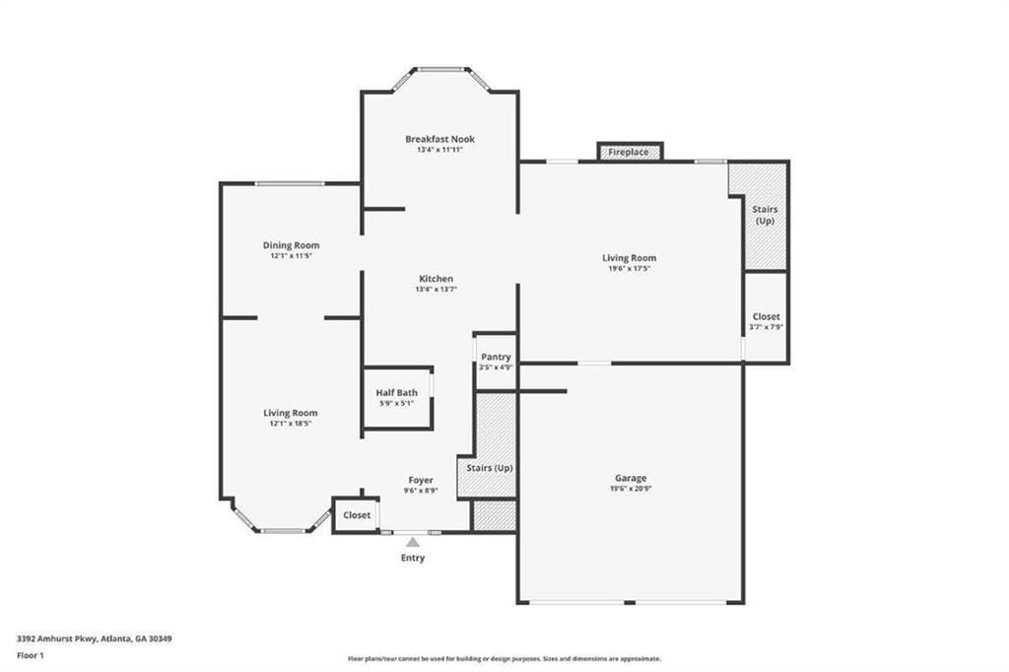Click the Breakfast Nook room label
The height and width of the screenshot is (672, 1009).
pyautogui.click(x=440, y=139)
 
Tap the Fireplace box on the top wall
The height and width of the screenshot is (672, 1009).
pyautogui.click(x=630, y=152)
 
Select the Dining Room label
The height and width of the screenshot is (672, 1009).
pyautogui.click(x=291, y=245)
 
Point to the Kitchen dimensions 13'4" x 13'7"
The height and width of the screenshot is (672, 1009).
pyautogui.click(x=437, y=290)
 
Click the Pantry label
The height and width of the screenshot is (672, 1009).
pyautogui.click(x=496, y=357)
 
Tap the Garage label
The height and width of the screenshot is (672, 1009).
pyautogui.click(x=631, y=478)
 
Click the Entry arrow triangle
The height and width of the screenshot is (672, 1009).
pyautogui.click(x=413, y=542)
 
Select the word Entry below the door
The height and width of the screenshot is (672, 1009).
pyautogui.click(x=413, y=558)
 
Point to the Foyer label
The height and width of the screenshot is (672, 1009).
pyautogui.click(x=421, y=480)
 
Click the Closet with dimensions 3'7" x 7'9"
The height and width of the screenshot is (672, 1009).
pyautogui.click(x=766, y=317)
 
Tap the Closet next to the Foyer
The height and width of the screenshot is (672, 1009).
pyautogui.click(x=357, y=515)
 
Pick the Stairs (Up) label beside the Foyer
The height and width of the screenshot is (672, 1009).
pyautogui.click(x=490, y=468)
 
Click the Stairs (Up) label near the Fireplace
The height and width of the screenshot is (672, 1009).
pyautogui.click(x=765, y=215)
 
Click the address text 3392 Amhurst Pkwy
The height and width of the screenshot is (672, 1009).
pyautogui.click(x=57, y=639)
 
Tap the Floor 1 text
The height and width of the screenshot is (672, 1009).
pyautogui.click(x=31, y=656)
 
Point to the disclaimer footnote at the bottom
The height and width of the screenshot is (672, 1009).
pyautogui.click(x=504, y=658)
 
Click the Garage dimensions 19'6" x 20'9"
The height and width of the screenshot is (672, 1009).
pyautogui.click(x=631, y=489)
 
